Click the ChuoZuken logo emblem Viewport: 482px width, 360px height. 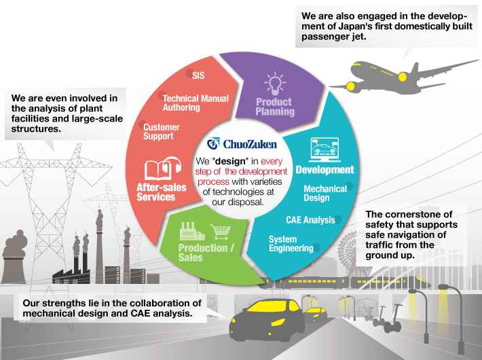(x=213, y=143)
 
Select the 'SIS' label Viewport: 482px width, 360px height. (x=198, y=75)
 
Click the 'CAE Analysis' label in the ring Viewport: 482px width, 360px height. (x=310, y=220)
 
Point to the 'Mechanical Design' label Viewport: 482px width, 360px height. (x=325, y=193)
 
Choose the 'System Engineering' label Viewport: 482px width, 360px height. (x=291, y=244)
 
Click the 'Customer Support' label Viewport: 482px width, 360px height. (x=162, y=132)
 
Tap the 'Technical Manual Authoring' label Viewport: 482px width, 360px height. (x=196, y=103)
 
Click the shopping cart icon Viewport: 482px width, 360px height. (x=221, y=232)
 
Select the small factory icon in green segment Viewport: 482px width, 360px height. (x=192, y=231)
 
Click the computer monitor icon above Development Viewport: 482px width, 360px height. (x=325, y=150)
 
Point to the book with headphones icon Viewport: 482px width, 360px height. (x=163, y=168)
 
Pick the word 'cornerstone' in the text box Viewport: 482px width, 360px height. (x=418, y=214)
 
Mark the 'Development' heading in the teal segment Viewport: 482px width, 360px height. (x=325, y=170)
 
